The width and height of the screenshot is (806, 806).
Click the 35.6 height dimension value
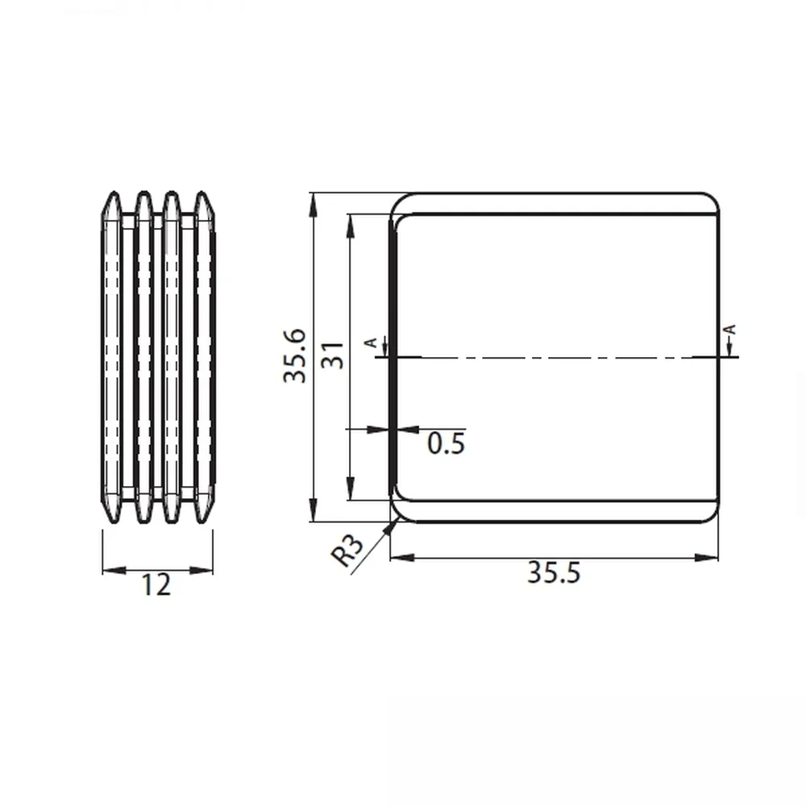pos(295,356)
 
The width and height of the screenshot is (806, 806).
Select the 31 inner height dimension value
pos(332,355)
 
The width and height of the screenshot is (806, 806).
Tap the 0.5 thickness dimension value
pos(447,443)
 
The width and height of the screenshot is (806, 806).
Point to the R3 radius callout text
pos(347,550)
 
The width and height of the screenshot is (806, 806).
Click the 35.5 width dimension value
pos(554,572)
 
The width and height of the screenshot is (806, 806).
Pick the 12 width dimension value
pos(156,584)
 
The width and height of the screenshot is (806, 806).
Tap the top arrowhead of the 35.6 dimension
pos(311,205)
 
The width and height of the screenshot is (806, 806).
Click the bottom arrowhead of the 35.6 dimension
pos(312,509)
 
